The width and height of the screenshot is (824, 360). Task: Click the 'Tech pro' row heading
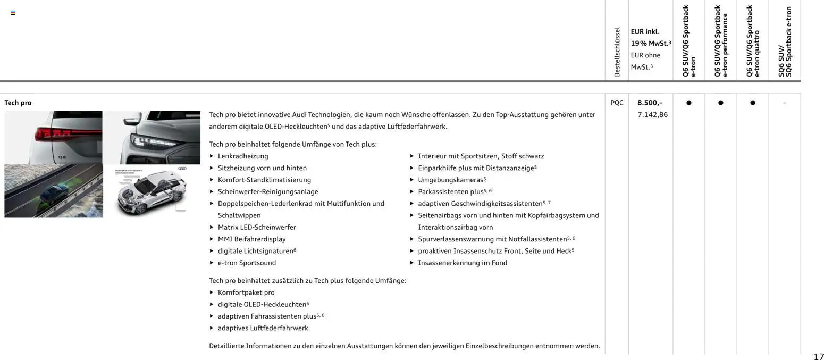[x=18, y=103]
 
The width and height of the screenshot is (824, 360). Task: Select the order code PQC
[x=617, y=103]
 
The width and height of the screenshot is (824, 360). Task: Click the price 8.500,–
[x=650, y=103]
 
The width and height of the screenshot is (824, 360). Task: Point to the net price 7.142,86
[x=652, y=114]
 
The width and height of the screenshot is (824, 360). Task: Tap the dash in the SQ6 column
[x=784, y=103]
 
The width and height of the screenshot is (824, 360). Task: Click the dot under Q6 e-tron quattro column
[x=752, y=103]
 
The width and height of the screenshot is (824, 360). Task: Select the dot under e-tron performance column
[x=720, y=103]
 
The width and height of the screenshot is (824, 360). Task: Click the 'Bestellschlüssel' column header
[x=617, y=52]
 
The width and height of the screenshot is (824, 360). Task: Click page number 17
[x=818, y=356]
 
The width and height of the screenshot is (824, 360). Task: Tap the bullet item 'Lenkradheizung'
[x=243, y=156]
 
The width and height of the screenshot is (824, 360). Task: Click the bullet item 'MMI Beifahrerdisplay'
[x=251, y=239]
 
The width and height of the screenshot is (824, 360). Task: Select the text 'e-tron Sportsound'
[x=247, y=263]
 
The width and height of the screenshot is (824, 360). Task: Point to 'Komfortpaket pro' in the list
[x=246, y=292]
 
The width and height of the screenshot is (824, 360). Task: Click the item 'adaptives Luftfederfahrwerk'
[x=263, y=328]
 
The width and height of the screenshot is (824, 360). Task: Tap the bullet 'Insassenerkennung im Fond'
[x=463, y=263]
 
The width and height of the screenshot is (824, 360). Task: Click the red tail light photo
[x=53, y=137]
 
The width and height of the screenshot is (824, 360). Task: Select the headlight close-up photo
[x=152, y=137]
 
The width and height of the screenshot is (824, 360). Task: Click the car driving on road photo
[x=53, y=191]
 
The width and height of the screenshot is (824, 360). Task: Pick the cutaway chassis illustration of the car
[x=152, y=191]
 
